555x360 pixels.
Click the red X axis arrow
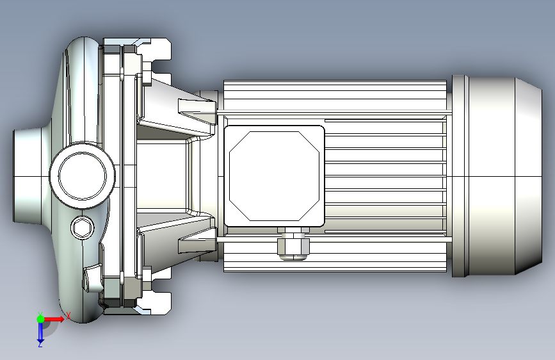click(53, 319)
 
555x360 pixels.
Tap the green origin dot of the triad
click(40, 319)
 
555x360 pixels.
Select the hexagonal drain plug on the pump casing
click(83, 227)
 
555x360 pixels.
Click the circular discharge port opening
click(83, 176)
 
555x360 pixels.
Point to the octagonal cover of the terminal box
click(275, 176)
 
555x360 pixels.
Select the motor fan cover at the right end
click(497, 176)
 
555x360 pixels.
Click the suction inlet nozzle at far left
click(28, 176)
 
